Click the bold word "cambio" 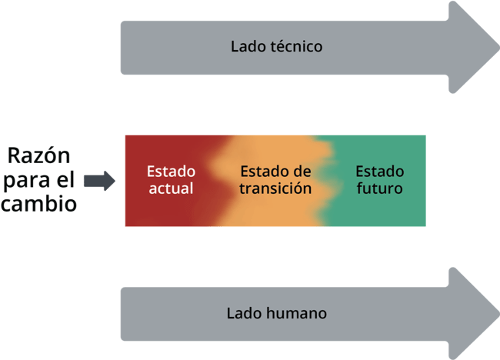tap(38, 205)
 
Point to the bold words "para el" tap(41, 182)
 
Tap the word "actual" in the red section tap(171, 188)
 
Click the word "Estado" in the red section tap(171, 171)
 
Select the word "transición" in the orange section tap(275, 188)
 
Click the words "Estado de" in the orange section tap(275, 171)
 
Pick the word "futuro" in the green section tap(379, 188)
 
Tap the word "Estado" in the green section tap(379, 171)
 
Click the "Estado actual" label tap(171, 180)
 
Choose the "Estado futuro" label tap(379, 180)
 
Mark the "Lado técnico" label tap(275, 46)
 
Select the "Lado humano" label tap(276, 313)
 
